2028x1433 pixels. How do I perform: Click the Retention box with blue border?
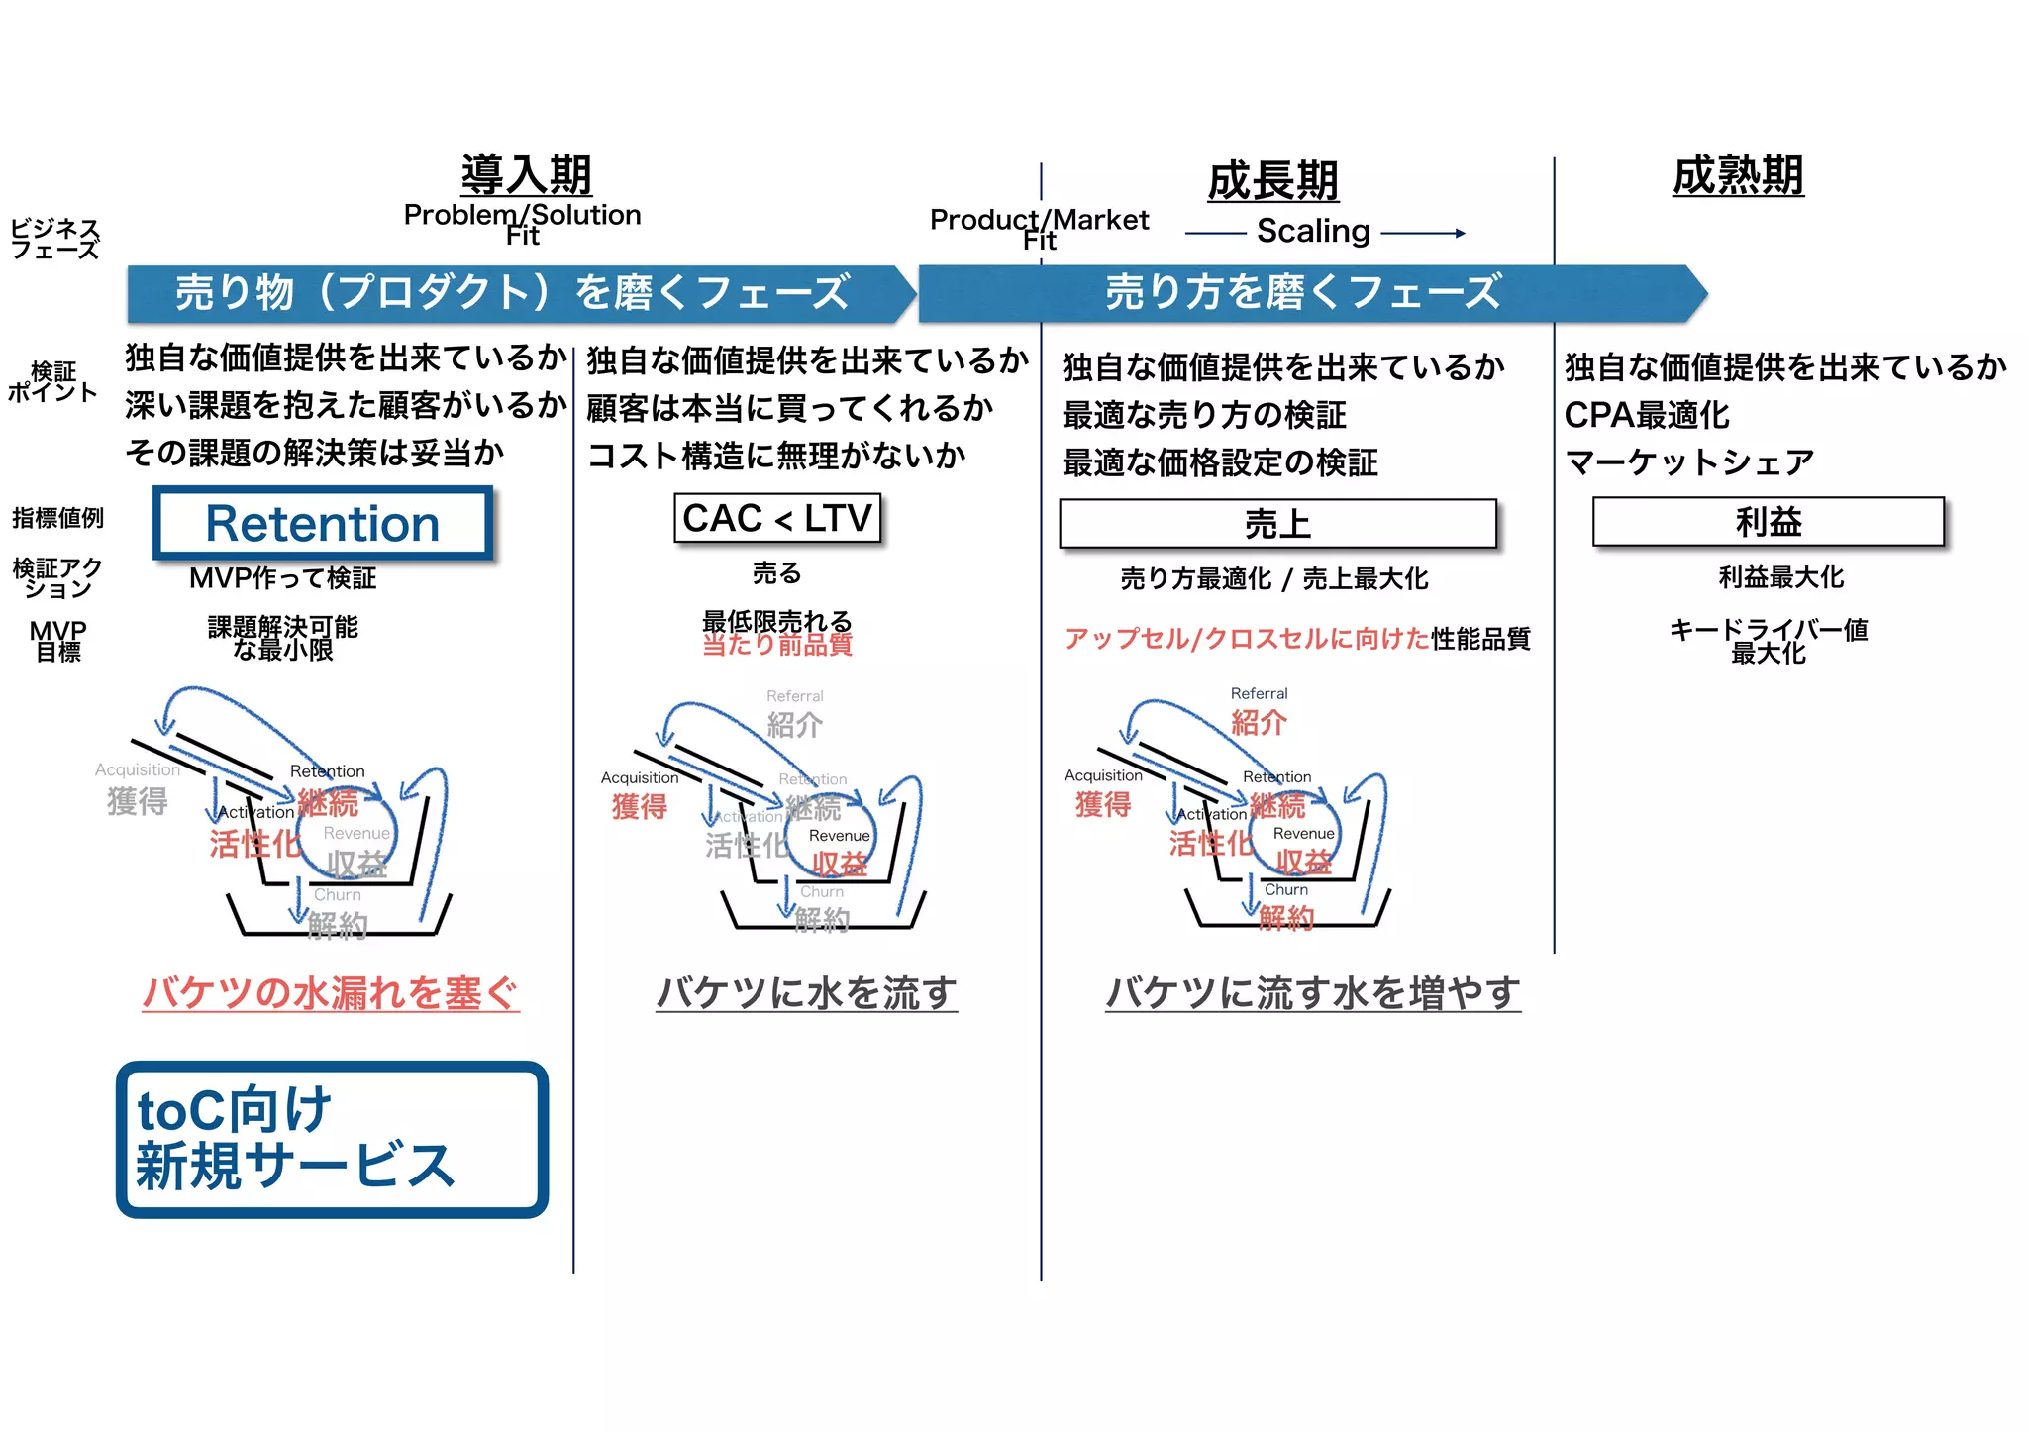(323, 523)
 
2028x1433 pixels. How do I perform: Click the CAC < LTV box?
(777, 518)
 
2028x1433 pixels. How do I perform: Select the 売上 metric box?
(1277, 523)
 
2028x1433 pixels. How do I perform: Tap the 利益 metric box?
(1769, 521)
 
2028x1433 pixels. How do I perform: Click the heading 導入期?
(526, 175)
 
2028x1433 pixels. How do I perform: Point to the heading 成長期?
(1272, 181)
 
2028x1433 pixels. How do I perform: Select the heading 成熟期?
(1738, 175)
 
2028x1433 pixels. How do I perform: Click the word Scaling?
(1313, 231)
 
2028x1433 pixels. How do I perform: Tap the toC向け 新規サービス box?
(332, 1139)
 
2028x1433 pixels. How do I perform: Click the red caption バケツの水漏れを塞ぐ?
(331, 992)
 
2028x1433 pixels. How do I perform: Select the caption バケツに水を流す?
(806, 992)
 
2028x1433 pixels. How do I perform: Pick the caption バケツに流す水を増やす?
(1312, 992)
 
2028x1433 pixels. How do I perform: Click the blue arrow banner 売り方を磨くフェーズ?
(1303, 292)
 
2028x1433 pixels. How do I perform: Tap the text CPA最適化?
(1647, 415)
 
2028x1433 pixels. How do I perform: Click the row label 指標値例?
(57, 518)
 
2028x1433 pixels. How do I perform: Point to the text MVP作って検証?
(283, 578)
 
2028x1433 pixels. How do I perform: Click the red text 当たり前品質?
(777, 646)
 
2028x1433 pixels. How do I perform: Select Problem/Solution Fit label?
(523, 224)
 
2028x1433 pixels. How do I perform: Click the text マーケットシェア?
(1689, 461)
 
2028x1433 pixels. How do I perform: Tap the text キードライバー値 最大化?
(1769, 641)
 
